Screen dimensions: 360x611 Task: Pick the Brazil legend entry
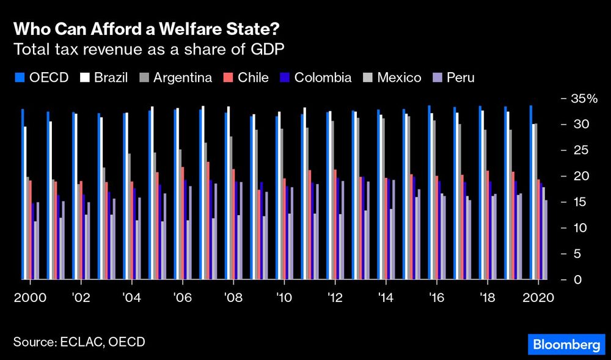point(104,78)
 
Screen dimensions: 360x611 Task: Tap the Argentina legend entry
point(175,78)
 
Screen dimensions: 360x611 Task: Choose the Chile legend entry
point(245,78)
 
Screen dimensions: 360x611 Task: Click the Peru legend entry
point(454,78)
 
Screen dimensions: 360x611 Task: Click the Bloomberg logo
point(566,345)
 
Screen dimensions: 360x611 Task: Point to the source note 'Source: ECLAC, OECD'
point(79,342)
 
